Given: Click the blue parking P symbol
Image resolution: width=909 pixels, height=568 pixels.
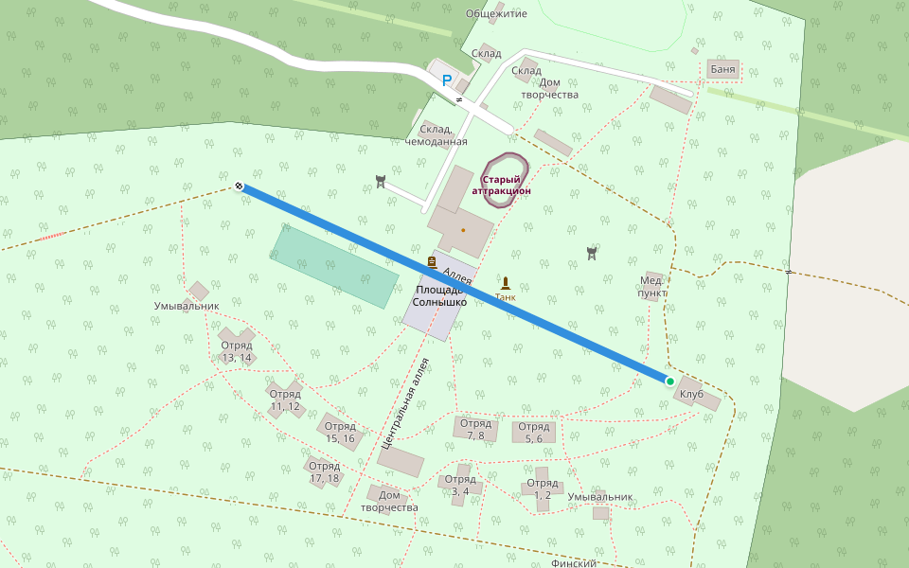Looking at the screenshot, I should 447,80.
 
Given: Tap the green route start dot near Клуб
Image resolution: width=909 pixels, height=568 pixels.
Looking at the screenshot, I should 669,382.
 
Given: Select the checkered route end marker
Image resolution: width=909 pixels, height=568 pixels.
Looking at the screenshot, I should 240,186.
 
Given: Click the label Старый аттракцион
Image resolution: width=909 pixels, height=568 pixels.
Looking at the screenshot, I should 501,185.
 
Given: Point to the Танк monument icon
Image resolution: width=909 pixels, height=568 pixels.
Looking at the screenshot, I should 505,283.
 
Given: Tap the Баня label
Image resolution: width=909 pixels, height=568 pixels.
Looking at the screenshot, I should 722,70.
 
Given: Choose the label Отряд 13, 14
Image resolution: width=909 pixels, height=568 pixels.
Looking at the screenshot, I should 237,351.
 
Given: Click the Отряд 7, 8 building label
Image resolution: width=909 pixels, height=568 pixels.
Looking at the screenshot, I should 475,430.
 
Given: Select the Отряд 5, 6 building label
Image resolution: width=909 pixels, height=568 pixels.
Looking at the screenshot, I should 534,433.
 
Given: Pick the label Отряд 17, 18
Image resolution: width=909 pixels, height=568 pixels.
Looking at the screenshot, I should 324,471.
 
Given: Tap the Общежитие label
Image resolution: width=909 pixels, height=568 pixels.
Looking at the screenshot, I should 495,14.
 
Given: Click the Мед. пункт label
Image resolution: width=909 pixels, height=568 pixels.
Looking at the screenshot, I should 651,287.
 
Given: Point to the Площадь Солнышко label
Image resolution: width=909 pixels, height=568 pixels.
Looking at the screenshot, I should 438,295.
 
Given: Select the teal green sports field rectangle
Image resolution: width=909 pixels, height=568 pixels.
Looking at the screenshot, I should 334,266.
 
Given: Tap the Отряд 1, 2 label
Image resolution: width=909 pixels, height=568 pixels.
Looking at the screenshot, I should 543,488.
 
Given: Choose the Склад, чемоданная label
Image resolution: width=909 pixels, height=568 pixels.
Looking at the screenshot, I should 437,135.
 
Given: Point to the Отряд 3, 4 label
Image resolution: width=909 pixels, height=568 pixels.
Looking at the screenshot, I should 460,485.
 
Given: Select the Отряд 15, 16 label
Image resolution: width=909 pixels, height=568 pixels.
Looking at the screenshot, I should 340,432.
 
